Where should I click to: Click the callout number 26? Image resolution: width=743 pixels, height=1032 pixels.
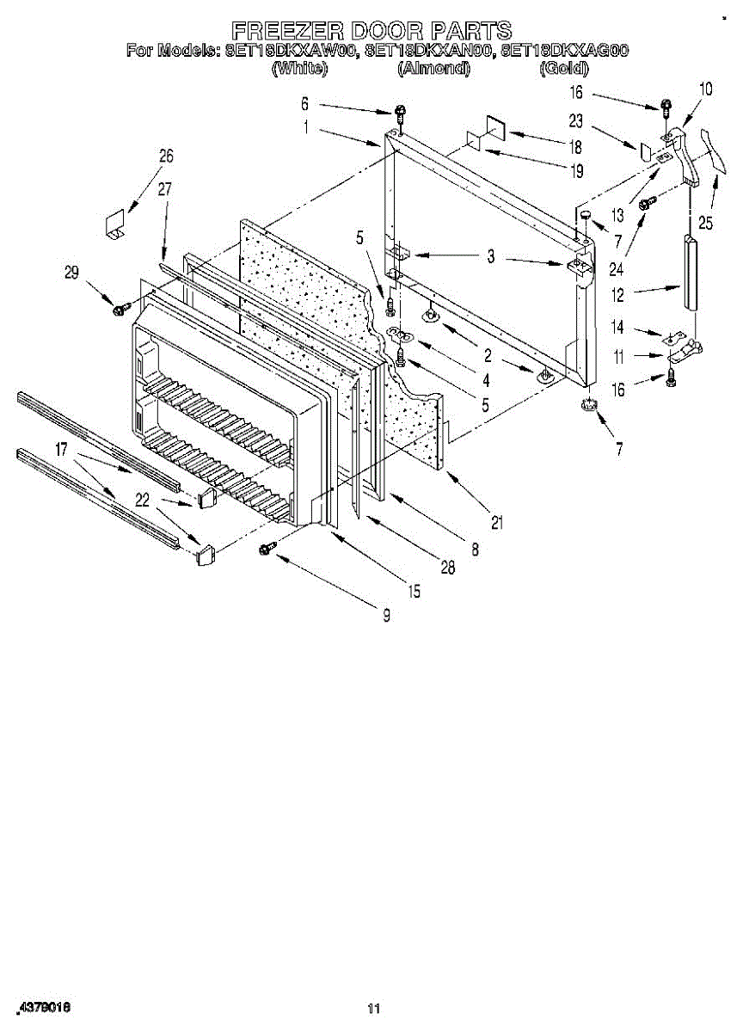[166, 157]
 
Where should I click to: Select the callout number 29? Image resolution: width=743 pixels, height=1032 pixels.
[71, 273]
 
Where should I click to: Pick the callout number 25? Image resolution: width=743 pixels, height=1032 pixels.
[706, 223]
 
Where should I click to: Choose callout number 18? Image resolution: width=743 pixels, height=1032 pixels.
[575, 146]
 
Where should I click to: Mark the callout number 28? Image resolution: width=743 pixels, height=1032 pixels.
[447, 568]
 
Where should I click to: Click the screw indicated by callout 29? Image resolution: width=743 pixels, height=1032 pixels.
[120, 304]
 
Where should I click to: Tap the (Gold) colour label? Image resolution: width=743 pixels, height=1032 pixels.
[563, 69]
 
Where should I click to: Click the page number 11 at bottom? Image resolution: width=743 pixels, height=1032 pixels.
[372, 1009]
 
